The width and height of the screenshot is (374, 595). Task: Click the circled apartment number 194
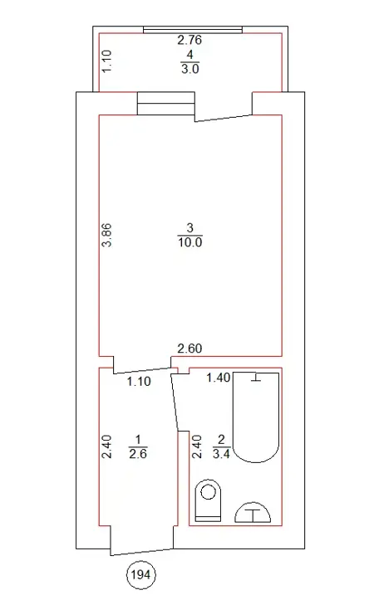point(141,575)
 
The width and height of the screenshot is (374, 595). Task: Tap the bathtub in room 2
point(256,417)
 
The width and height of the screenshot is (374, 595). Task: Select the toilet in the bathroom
point(208,500)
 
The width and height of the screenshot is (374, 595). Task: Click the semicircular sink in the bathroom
point(253,511)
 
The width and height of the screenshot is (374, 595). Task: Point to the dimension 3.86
point(107,235)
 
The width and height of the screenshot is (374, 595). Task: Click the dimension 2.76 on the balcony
point(189,40)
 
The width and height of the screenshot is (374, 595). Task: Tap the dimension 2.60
point(189,349)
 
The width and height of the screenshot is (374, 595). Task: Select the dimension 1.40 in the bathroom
point(218,378)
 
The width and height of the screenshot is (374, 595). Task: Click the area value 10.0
point(190,242)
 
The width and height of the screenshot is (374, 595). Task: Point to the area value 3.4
point(221,453)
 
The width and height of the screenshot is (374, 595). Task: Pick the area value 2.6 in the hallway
point(138,453)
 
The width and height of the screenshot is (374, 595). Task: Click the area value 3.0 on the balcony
point(190,69)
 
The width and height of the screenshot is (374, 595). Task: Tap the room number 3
point(190,227)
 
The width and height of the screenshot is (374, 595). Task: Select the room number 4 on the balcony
point(190,54)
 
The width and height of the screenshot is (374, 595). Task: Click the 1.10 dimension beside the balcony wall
point(107,61)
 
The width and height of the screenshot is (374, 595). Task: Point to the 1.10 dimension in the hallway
point(139,382)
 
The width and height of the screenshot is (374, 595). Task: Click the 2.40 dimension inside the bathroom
point(196,446)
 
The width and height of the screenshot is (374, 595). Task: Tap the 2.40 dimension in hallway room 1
point(107,446)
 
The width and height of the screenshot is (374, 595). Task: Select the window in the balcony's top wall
point(193,30)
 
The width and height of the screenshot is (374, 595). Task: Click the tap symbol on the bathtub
point(256,378)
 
